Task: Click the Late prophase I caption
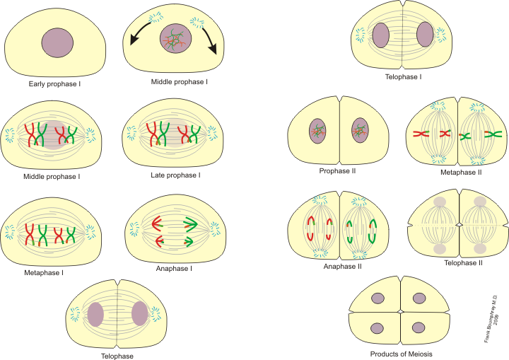coord(177,174)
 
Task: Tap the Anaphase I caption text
coord(174,269)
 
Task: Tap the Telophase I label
coord(404,76)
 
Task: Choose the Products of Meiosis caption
coord(401,354)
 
